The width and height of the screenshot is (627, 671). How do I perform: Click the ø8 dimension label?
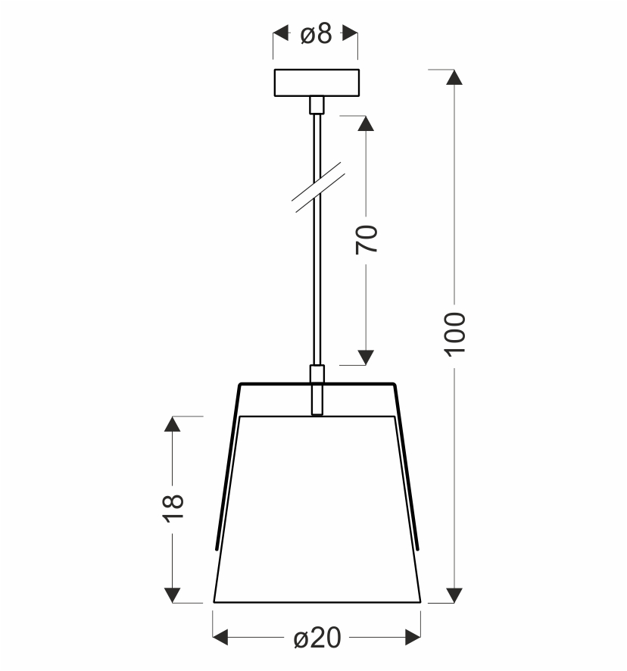[316, 34]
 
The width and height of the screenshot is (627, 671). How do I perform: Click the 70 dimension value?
[367, 239]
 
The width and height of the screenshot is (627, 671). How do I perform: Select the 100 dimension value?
[454, 334]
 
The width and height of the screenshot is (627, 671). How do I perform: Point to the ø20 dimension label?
[317, 639]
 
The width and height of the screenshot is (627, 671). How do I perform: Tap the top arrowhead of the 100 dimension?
[454, 77]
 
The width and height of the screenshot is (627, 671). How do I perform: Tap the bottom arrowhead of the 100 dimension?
[454, 595]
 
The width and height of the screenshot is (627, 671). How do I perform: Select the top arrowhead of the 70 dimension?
[367, 124]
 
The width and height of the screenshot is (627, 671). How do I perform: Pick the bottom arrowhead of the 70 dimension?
[367, 356]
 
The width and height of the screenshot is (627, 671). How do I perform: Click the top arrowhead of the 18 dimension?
[173, 425]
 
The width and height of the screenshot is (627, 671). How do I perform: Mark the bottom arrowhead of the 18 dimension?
[173, 595]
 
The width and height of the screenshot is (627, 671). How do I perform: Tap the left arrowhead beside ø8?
[281, 33]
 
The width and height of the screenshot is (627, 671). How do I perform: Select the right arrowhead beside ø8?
[350, 33]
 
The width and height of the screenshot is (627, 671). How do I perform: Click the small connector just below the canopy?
[317, 105]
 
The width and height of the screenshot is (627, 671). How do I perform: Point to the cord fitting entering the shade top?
[317, 389]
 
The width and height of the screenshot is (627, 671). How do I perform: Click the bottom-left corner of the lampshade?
[214, 602]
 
